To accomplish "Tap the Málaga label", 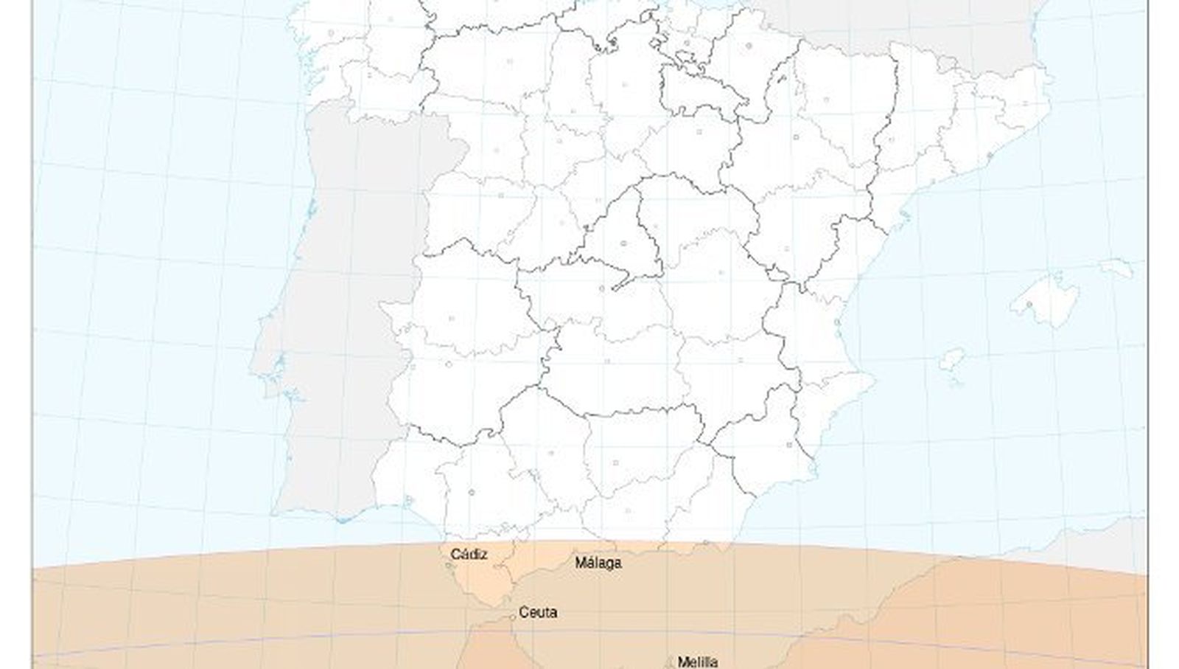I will (598, 563).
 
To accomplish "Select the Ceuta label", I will (538, 612).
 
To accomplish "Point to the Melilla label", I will (697, 662).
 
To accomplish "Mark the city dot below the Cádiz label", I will (449, 566).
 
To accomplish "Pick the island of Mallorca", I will (1046, 299).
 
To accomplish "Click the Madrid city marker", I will (623, 243).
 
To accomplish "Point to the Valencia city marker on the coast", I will (838, 323).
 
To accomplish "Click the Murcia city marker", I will (788, 444).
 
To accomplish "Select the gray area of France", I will (884, 22).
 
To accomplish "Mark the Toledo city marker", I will (602, 288).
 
